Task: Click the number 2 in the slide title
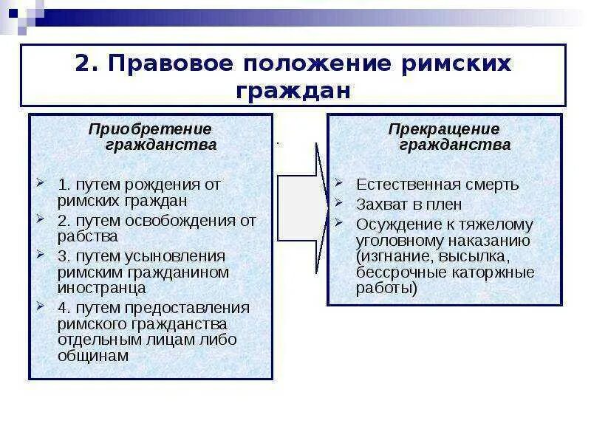[x=82, y=63]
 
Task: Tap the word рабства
[x=87, y=236]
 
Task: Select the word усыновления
[x=177, y=255]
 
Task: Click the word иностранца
[x=95, y=288]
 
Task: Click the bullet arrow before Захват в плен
[x=338, y=203]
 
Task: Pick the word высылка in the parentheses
[x=477, y=256]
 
